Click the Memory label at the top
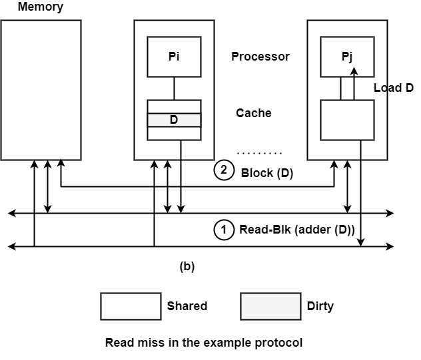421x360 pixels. coord(40,7)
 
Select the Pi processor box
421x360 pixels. coord(174,57)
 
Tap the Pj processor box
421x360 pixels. coord(347,57)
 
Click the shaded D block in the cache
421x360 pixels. coord(174,120)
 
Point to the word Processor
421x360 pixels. coord(260,57)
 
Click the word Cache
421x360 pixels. coord(254,113)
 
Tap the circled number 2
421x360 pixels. coord(224,171)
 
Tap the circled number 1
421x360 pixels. coord(224,230)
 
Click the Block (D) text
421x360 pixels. coord(267,173)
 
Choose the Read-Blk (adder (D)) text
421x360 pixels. coord(297,231)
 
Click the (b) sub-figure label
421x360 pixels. coord(187,267)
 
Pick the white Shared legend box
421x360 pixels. coord(131,306)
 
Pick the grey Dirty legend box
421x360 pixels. coord(270,306)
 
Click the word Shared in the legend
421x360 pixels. coord(187,306)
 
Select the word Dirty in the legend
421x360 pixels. coord(320,306)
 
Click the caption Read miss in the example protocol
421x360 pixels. coord(204,343)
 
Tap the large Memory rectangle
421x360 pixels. coord(41,90)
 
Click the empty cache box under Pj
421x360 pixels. coord(347,119)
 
